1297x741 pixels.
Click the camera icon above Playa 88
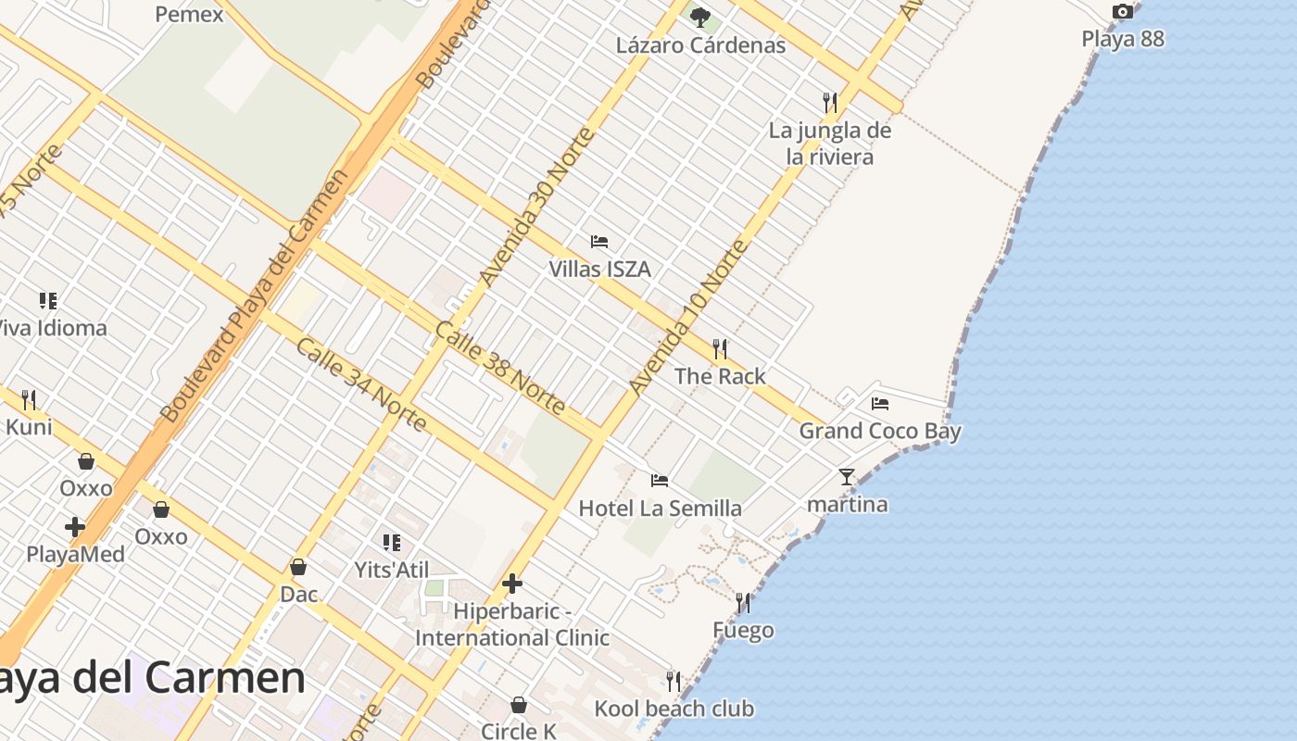pyautogui.click(x=1122, y=12)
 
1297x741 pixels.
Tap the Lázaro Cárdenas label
pyautogui.click(x=700, y=45)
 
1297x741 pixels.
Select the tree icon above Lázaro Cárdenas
pyautogui.click(x=700, y=16)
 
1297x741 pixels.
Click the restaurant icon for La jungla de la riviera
pyautogui.click(x=830, y=102)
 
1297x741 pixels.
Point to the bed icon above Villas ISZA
pyautogui.click(x=599, y=242)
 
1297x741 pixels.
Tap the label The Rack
pyautogui.click(x=720, y=376)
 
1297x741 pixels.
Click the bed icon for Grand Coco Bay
pyautogui.click(x=880, y=403)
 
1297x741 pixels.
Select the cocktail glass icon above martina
pyautogui.click(x=847, y=477)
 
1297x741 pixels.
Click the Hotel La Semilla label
pyautogui.click(x=660, y=509)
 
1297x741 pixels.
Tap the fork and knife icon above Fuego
pyautogui.click(x=743, y=603)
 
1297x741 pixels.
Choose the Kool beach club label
pyautogui.click(x=674, y=710)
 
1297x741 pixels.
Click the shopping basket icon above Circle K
pyautogui.click(x=519, y=705)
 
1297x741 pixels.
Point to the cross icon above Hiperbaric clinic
pyautogui.click(x=512, y=584)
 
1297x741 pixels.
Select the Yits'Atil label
pyautogui.click(x=392, y=570)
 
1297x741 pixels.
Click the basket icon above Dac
pyautogui.click(x=298, y=567)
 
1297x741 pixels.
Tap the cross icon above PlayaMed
pyautogui.click(x=75, y=527)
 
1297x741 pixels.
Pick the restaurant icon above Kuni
pyautogui.click(x=29, y=400)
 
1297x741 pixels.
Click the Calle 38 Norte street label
pyautogui.click(x=499, y=368)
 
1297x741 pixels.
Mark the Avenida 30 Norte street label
pyautogui.click(x=536, y=207)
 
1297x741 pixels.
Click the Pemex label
pyautogui.click(x=189, y=14)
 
